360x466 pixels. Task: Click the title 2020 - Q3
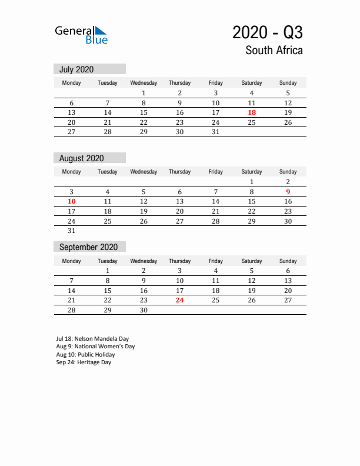(x=268, y=32)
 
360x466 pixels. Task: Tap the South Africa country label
(x=274, y=51)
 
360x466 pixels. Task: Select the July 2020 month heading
(x=76, y=69)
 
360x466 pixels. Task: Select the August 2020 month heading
(x=81, y=158)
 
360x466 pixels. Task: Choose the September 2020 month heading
(x=88, y=247)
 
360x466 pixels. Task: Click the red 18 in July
(x=252, y=112)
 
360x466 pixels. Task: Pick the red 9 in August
(x=288, y=192)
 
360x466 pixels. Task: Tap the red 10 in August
(x=71, y=201)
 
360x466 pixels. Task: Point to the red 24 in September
(x=179, y=300)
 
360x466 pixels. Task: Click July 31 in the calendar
(x=215, y=132)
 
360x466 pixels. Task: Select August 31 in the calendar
(x=71, y=231)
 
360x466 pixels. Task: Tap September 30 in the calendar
(x=144, y=309)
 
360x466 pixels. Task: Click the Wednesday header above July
(x=144, y=83)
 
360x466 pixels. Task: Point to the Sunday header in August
(x=288, y=172)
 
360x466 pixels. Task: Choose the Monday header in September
(x=71, y=261)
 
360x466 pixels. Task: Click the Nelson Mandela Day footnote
(x=92, y=339)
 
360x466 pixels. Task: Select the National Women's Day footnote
(x=95, y=347)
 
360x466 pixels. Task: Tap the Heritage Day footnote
(x=84, y=362)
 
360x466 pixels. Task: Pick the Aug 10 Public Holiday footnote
(x=85, y=355)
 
